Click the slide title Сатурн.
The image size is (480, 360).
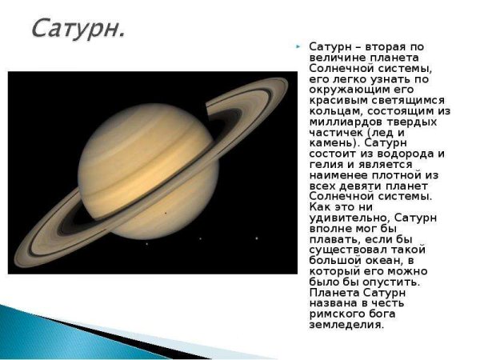[78, 29]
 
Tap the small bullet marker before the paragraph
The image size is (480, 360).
[299, 48]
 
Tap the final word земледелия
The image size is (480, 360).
[346, 325]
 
